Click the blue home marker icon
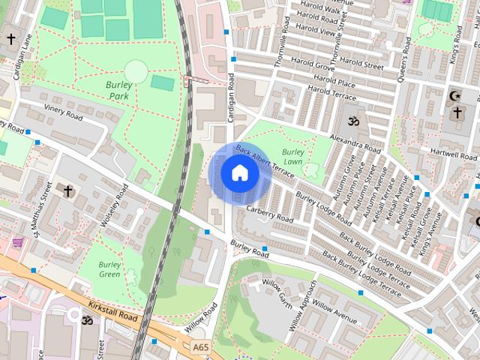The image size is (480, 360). pos(240,174)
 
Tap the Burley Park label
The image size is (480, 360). pos(118,91)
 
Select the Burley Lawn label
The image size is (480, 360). pos(292,157)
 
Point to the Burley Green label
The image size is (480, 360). pos(109,269)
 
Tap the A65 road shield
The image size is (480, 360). pos(200,347)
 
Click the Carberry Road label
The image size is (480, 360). pos(269,212)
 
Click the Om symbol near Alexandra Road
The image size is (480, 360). pos(352,121)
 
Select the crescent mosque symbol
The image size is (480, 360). pos(454,95)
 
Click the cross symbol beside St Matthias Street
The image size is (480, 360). pos(67,191)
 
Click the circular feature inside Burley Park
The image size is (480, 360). pos(136,72)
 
